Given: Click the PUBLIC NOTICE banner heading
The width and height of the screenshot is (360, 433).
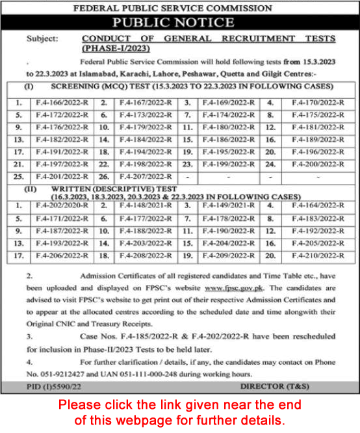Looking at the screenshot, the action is [180, 23].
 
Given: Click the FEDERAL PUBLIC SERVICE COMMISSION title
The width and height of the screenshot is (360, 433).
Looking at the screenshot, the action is [180, 7].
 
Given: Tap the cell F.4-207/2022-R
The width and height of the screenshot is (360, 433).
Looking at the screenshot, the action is [140, 176].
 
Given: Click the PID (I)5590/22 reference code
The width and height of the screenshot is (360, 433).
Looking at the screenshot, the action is [51, 386].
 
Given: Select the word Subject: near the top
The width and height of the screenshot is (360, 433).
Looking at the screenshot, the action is [42, 38].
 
